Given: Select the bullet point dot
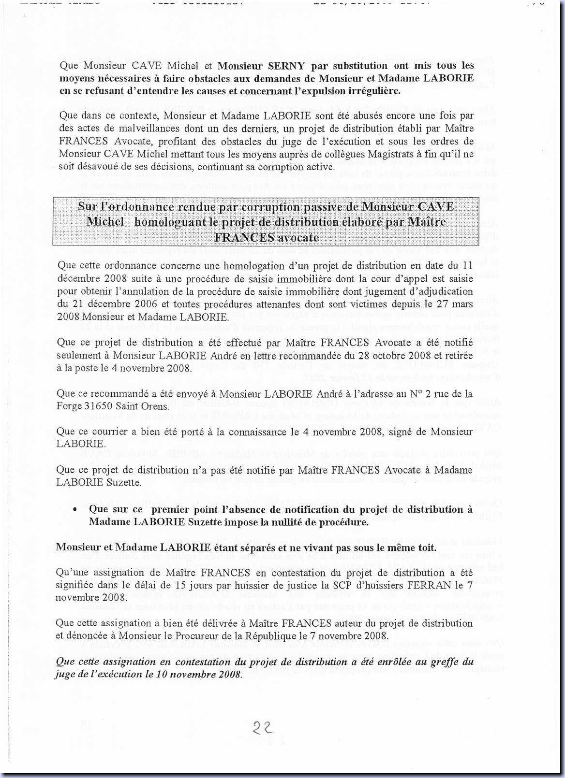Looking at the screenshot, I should [74, 510].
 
